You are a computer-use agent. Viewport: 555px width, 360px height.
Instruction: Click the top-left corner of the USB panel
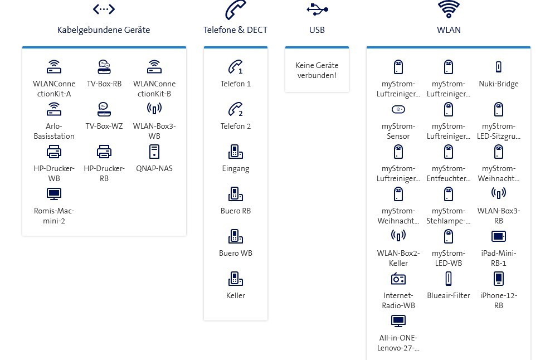click(285, 46)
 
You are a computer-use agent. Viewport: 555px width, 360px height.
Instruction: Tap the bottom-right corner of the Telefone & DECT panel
click(267, 320)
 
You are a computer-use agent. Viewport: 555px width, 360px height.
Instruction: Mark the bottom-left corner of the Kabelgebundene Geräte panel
click(22, 235)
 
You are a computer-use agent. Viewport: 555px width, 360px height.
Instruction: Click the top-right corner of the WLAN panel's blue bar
click(530, 46)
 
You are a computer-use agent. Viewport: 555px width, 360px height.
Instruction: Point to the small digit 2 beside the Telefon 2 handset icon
click(241, 114)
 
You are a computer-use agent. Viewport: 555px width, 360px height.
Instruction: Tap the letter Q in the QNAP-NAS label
click(139, 168)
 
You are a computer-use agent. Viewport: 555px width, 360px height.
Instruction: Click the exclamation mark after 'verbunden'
click(335, 75)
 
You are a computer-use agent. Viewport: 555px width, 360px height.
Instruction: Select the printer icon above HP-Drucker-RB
click(104, 152)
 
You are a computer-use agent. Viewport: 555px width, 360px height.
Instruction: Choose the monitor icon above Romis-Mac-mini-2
click(54, 194)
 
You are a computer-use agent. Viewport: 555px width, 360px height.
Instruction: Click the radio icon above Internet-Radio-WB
click(398, 279)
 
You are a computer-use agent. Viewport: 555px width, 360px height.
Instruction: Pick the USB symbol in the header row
click(317, 9)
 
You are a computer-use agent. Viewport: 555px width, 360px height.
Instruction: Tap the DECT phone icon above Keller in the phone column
click(235, 279)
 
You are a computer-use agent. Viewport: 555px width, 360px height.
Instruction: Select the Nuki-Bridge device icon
click(498, 67)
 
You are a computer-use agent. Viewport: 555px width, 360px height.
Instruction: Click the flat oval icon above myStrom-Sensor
click(398, 109)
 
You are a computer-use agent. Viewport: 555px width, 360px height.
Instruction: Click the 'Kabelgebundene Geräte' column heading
click(104, 30)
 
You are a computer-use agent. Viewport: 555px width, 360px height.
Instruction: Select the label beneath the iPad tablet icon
click(498, 258)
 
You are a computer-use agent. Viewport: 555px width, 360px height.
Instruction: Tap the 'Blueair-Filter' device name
click(449, 295)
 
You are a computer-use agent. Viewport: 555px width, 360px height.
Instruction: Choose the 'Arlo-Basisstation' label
click(54, 131)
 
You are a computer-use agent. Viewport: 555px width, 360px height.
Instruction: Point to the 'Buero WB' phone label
click(235, 253)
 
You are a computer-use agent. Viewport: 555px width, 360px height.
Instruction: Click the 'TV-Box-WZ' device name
click(104, 126)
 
